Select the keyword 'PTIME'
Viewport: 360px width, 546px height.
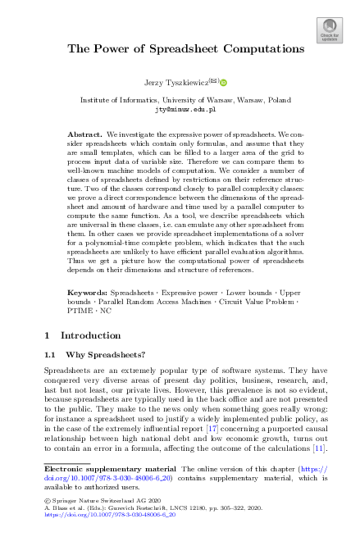[80, 334]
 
